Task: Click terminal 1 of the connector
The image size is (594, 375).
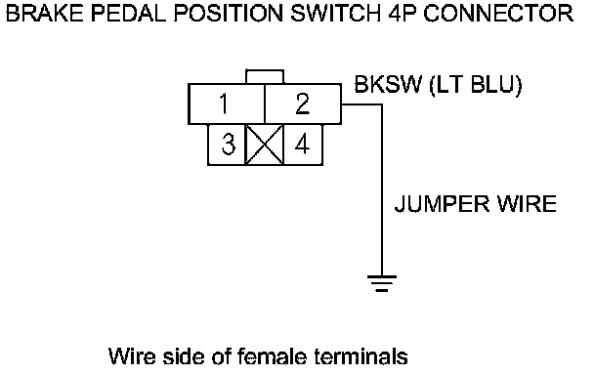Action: pyautogui.click(x=226, y=104)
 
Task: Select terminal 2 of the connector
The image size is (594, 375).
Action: pyautogui.click(x=303, y=104)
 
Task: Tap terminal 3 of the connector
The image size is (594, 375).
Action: pyautogui.click(x=227, y=145)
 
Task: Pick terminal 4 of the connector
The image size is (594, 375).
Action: pyautogui.click(x=303, y=145)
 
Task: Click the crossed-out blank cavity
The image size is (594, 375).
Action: pyautogui.click(x=265, y=145)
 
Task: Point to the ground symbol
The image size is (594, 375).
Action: pyautogui.click(x=382, y=283)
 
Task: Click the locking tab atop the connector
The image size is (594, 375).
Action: pyautogui.click(x=265, y=76)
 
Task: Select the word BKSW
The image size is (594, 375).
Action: pyautogui.click(x=388, y=84)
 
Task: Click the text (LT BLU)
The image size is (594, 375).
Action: pyautogui.click(x=476, y=85)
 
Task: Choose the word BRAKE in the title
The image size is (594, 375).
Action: pyautogui.click(x=44, y=14)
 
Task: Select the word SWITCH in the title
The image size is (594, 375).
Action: pyautogui.click(x=335, y=14)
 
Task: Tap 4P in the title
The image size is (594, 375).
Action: pyautogui.click(x=403, y=14)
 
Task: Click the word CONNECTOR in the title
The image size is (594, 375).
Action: pyautogui.click(x=498, y=14)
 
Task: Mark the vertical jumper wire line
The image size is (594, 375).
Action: pyautogui.click(x=382, y=190)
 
